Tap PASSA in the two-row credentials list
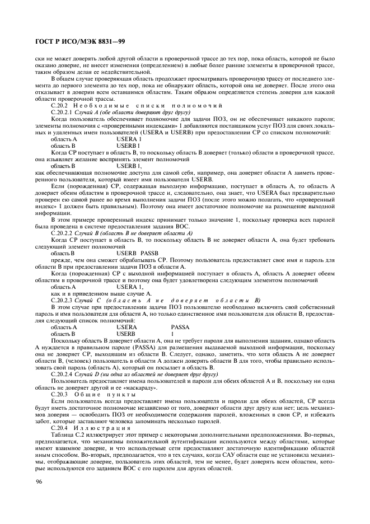point(181,327)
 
